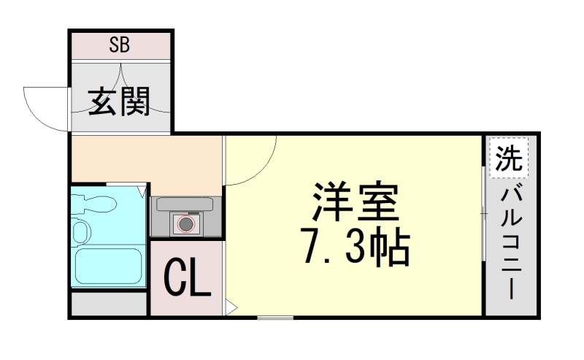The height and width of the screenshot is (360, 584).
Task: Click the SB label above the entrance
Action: tap(120, 45)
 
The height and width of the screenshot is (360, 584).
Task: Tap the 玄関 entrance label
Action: tap(120, 102)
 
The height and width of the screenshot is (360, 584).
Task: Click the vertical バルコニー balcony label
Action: tap(510, 242)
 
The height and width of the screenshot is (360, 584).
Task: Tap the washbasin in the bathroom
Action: tap(80, 232)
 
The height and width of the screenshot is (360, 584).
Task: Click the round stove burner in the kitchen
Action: tap(187, 224)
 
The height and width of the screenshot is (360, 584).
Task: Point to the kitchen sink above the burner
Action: tap(185, 204)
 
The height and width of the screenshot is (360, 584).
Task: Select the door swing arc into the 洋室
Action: tap(252, 161)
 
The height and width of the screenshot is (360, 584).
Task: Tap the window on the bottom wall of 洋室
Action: tap(275, 317)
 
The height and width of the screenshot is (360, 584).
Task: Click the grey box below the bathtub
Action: tap(109, 305)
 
